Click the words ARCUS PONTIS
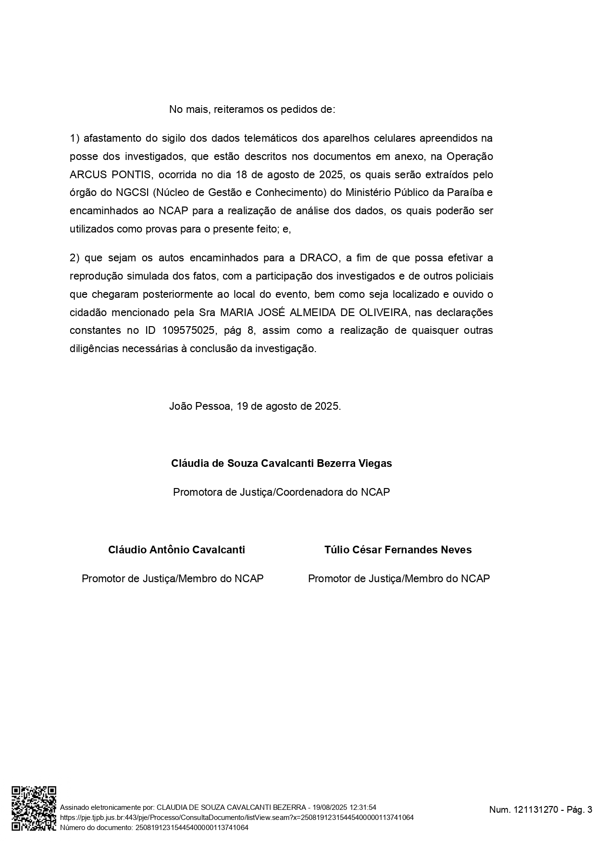(111, 174)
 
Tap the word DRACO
(319, 258)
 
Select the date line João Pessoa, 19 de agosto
(255, 406)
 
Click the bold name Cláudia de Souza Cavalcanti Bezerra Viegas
(281, 464)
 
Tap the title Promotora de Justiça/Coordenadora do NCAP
(281, 492)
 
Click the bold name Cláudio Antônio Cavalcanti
(176, 550)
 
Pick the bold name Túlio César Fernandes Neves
(398, 550)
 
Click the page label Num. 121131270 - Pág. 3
(540, 810)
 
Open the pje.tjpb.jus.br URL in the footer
(236, 818)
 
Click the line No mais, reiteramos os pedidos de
(252, 110)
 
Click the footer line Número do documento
(154, 827)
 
